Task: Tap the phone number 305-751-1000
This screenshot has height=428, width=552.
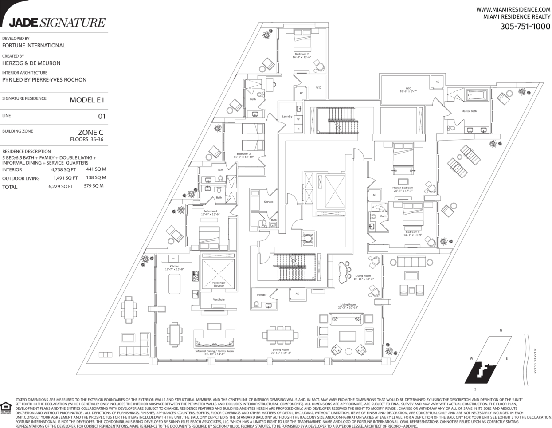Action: [x=525, y=26]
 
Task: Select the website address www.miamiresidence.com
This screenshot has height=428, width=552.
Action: [x=513, y=9]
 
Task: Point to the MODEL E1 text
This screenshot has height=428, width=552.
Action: [x=87, y=100]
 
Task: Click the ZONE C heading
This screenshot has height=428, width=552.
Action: [x=90, y=132]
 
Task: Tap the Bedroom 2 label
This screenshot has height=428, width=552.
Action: [x=301, y=54]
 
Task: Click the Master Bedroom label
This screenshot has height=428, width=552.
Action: [x=403, y=188]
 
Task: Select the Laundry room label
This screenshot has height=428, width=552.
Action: [x=287, y=116]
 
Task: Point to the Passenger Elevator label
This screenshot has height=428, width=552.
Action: [x=219, y=284]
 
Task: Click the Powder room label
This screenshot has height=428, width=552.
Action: [x=262, y=294]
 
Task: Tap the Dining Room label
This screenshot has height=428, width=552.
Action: [x=280, y=349]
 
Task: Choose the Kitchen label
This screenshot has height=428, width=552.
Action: [x=174, y=266]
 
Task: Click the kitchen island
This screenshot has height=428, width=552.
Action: [x=174, y=283]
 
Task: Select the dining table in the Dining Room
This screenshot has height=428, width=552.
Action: [x=281, y=335]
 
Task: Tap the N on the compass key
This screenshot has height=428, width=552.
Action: [x=501, y=330]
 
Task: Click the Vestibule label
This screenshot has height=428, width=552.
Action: [x=219, y=299]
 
